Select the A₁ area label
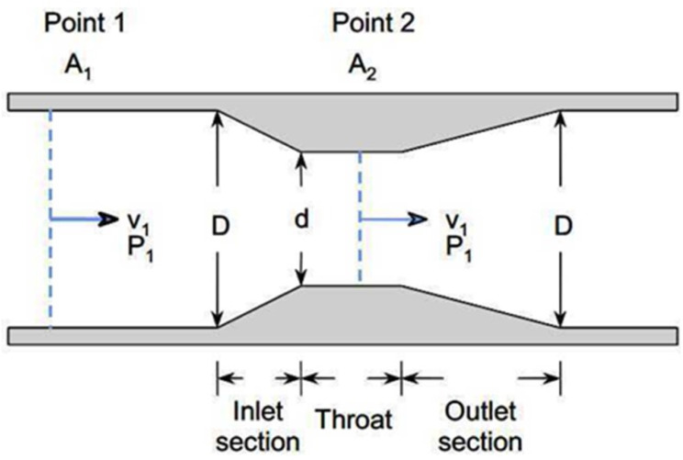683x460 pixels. [67, 65]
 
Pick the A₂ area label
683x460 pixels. [361, 65]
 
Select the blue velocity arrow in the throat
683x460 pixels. [393, 219]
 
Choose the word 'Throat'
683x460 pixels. [353, 421]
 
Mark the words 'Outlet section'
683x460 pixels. [480, 420]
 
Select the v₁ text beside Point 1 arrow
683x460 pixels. [139, 221]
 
